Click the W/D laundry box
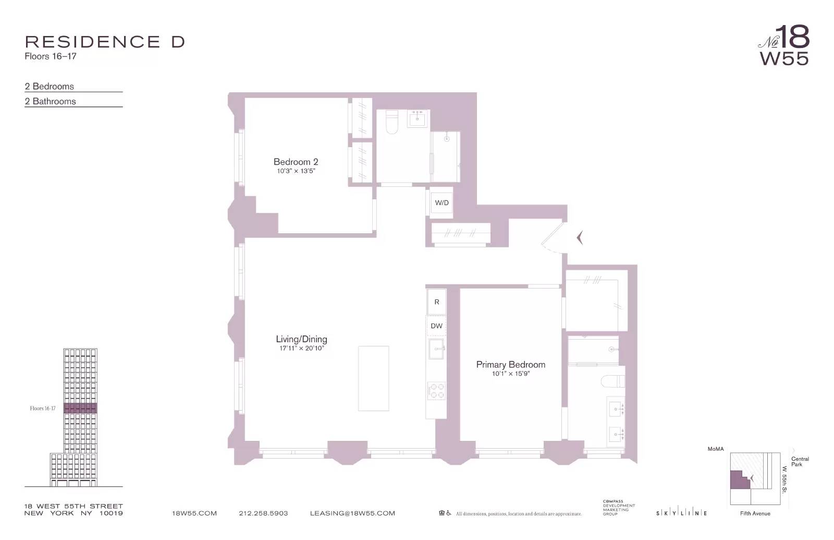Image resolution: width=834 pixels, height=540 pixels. click(441, 202)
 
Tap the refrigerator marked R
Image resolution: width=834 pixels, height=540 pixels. click(436, 302)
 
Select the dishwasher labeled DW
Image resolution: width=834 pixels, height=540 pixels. click(436, 326)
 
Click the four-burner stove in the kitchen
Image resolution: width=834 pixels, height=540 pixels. click(436, 391)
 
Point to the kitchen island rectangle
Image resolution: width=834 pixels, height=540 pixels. click(373, 378)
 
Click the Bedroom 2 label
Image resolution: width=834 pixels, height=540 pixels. click(296, 162)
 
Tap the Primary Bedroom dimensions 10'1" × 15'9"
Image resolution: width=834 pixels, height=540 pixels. click(510, 374)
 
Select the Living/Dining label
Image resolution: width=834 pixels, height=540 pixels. click(301, 339)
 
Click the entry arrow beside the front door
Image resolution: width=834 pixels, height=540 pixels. click(579, 238)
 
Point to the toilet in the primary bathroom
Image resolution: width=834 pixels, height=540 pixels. click(613, 381)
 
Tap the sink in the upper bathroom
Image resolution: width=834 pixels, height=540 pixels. click(418, 119)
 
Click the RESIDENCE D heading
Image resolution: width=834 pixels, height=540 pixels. click(105, 42)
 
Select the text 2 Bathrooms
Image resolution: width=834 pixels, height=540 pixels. click(51, 101)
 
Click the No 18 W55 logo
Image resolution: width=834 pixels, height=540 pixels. click(784, 46)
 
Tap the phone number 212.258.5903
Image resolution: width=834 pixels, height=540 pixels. click(263, 513)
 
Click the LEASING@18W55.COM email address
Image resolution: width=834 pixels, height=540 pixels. click(352, 513)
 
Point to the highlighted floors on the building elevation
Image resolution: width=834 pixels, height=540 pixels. click(80, 408)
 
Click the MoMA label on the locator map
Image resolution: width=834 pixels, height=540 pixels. click(715, 449)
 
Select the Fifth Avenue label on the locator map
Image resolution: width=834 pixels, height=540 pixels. click(755, 513)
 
